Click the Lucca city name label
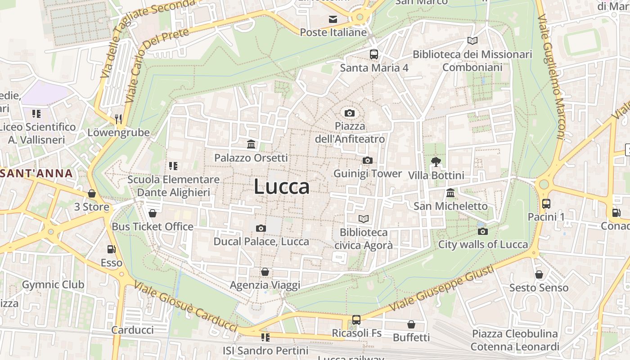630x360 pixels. pos(282,187)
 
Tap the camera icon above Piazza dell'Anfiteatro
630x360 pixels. pos(349,113)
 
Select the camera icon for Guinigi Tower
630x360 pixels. pos(368,161)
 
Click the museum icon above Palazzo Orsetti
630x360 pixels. pos(251,144)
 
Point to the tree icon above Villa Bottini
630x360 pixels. pos(436,162)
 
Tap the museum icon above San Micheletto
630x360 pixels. pos(450,193)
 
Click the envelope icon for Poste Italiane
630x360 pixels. pos(333,19)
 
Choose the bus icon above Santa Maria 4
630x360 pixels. pos(373,54)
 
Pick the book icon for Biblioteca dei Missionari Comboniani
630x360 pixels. pos(472,41)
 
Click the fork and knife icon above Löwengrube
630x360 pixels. pos(118,119)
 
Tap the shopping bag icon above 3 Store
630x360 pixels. pos(92,194)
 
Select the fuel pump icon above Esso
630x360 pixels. pos(111,249)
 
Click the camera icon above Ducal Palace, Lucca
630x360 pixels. pos(261,229)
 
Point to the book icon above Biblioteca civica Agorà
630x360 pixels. pos(363,219)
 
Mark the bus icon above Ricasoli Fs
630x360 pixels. pos(356,320)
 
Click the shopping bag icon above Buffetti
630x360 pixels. pos(411,324)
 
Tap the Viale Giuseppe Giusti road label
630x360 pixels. pos(441,288)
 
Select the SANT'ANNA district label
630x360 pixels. pos(36,173)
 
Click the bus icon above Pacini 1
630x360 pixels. pos(546,204)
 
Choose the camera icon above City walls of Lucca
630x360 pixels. pos(483,232)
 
